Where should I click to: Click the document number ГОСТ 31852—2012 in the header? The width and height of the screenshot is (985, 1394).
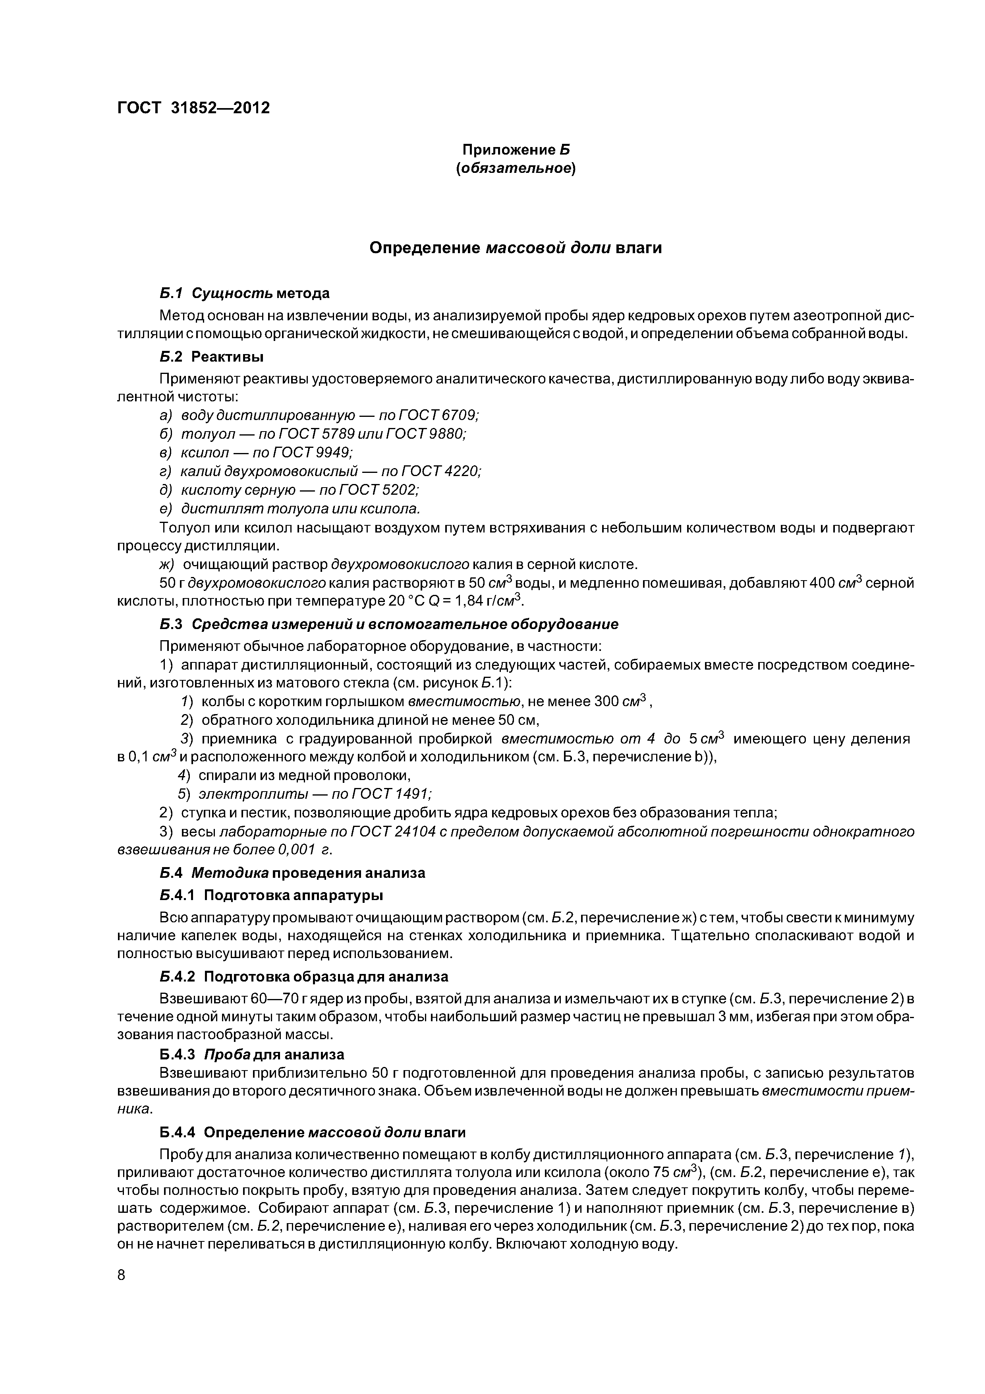193,108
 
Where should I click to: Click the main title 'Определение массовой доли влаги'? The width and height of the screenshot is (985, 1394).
516,248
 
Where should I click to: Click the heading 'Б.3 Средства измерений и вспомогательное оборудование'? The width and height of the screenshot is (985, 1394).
389,625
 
